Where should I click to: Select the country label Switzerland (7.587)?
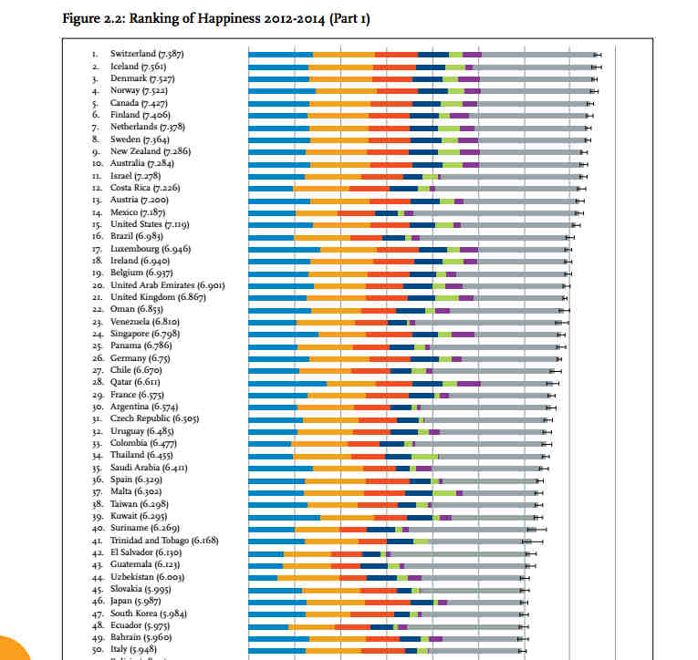tap(147, 55)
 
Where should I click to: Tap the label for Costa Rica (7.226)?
tap(145, 188)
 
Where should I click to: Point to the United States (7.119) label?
tap(150, 224)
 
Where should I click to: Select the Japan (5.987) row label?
tap(137, 601)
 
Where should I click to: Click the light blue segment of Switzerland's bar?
tap(280, 55)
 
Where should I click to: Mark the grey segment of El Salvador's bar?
tap(457, 552)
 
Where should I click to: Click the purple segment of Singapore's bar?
tap(463, 334)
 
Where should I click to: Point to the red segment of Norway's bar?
tap(397, 91)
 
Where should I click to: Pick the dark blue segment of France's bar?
tap(421, 395)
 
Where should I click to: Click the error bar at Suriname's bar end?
tap(536, 529)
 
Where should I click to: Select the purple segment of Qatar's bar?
tap(468, 383)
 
